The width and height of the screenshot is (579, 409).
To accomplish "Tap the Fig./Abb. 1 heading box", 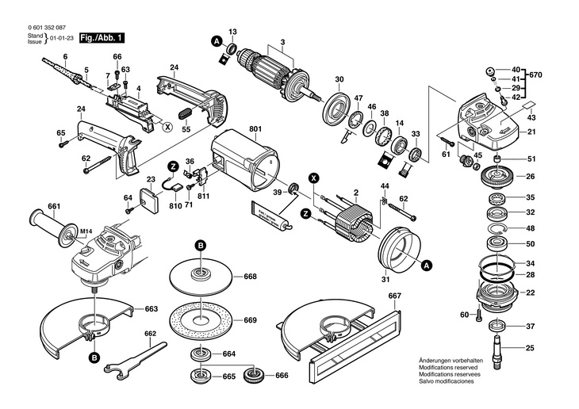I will point(100,38).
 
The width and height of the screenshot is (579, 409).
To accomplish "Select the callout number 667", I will point(395,296).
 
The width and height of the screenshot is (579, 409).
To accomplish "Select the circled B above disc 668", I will point(201,247).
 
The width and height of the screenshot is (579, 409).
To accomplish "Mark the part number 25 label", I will point(531,347).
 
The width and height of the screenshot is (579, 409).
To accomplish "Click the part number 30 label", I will point(339,78).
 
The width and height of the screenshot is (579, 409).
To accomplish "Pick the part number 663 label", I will point(151,308).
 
